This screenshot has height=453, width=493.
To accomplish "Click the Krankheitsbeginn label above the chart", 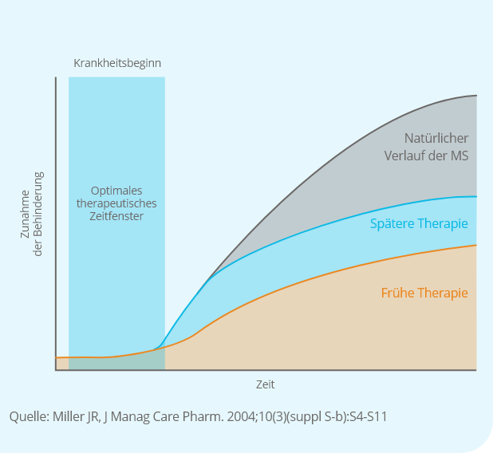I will tap(117, 63).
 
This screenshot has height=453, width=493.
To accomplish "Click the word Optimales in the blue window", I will tap(116, 191).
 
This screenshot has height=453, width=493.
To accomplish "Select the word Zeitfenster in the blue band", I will tap(116, 216).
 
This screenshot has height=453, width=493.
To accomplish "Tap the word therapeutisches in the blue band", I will tap(116, 203).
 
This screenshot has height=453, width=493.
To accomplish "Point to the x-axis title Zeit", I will tap(266, 384).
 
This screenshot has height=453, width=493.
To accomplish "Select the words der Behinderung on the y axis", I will tap(37, 215).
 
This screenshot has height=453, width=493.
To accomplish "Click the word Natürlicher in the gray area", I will tap(436, 138).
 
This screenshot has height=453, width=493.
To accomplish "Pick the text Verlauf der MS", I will tap(426, 156).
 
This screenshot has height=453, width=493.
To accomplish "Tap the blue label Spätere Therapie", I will tap(419, 223).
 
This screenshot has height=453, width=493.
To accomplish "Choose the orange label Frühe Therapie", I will tap(424, 293).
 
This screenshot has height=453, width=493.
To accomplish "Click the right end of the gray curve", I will tap(476, 96).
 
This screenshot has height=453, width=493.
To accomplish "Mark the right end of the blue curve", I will tap(476, 196).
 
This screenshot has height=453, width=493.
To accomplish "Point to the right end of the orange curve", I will tap(476, 245).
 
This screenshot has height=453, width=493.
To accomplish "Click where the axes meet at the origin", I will tap(56, 370).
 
